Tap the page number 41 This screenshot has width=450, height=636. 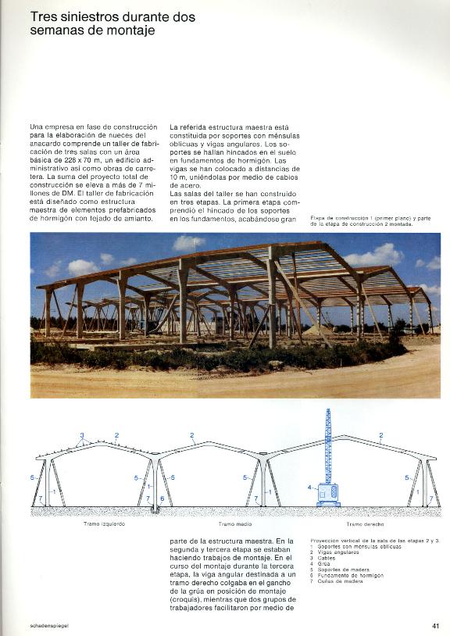[x=435, y=625]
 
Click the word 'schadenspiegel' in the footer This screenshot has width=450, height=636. [x=51, y=625]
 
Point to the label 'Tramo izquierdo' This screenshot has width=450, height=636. [x=104, y=524]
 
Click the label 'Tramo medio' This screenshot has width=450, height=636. [x=234, y=524]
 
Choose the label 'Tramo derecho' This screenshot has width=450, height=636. [x=366, y=524]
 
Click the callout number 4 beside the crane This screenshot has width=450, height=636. [x=310, y=488]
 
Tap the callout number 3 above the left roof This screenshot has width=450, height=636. [x=81, y=434]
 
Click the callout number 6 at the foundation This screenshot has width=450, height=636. [x=162, y=498]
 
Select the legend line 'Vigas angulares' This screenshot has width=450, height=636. [x=341, y=552]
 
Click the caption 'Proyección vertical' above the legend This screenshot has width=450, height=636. [x=337, y=540]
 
